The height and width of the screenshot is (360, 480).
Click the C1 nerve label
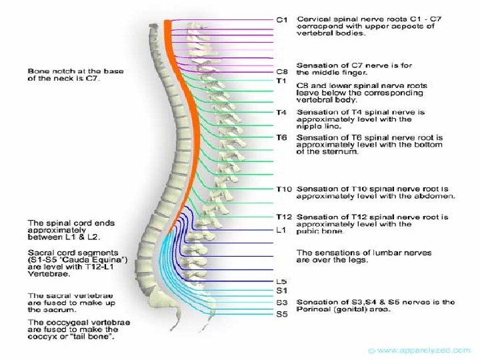point(281,20)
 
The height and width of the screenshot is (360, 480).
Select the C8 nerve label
point(281,71)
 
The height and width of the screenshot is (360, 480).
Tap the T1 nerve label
point(281,80)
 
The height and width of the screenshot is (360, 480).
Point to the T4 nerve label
point(281,112)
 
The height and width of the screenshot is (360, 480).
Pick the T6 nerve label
point(281,137)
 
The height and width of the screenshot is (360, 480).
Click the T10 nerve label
point(283,189)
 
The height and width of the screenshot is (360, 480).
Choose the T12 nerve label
point(283,217)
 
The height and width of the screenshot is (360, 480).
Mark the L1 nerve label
point(281,230)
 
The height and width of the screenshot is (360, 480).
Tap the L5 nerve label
point(281,281)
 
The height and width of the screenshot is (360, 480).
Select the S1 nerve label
point(281,290)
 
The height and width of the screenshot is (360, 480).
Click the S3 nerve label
point(281,303)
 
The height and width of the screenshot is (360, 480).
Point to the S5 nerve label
point(281,314)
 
